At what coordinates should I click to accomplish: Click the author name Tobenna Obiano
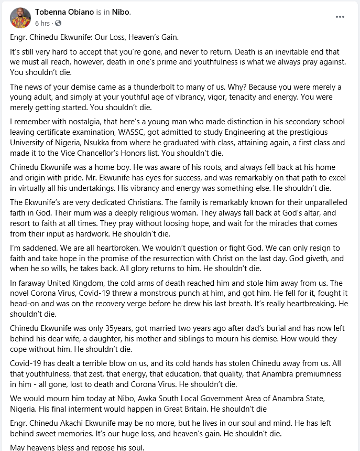(64, 12)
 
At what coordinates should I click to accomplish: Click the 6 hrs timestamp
(42, 24)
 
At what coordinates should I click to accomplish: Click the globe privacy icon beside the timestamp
(58, 24)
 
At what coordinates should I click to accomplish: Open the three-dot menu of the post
(340, 17)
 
